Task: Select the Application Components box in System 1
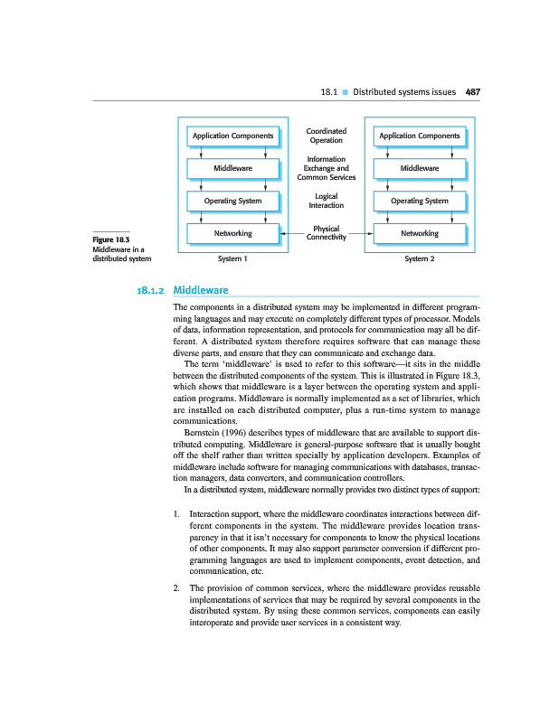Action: [232, 136]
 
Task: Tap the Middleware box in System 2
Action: [419, 168]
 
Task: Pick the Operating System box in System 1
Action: [232, 201]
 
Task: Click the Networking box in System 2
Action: [419, 233]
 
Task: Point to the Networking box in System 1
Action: [232, 233]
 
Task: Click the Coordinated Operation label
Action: [326, 136]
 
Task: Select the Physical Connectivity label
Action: [326, 233]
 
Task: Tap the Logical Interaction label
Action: [326, 201]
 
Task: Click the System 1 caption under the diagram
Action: [232, 258]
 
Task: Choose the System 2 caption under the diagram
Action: [419, 258]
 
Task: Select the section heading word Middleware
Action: [200, 290]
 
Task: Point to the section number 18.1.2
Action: [150, 291]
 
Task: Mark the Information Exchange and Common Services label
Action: [326, 168]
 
